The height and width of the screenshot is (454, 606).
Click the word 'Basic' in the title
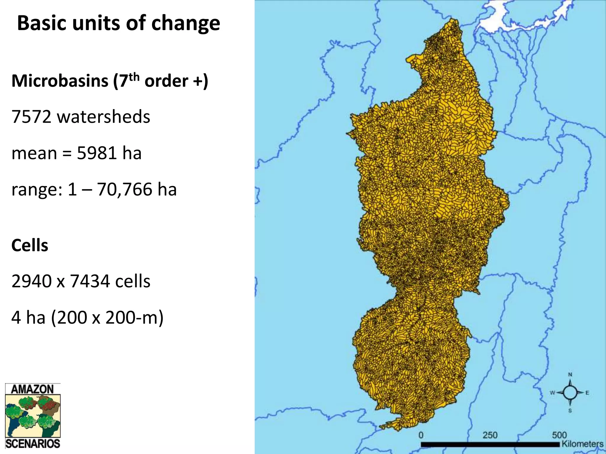(41, 23)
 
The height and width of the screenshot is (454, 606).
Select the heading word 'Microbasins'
(60, 81)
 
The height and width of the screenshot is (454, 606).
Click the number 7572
(31, 117)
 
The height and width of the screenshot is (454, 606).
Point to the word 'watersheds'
(104, 117)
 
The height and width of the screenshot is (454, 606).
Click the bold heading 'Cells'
(30, 245)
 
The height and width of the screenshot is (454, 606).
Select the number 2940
(31, 281)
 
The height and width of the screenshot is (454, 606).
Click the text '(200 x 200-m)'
(107, 318)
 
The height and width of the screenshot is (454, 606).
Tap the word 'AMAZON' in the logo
(32, 389)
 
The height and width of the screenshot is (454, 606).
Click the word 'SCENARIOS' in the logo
(33, 444)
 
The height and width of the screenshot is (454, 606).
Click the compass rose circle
(570, 393)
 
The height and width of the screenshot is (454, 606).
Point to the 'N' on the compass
(570, 375)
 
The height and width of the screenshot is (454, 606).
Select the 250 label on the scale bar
(490, 435)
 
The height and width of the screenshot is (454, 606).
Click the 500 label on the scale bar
(559, 435)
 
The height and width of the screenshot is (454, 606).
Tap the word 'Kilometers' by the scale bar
(582, 444)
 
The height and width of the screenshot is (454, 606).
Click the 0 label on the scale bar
(421, 435)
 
